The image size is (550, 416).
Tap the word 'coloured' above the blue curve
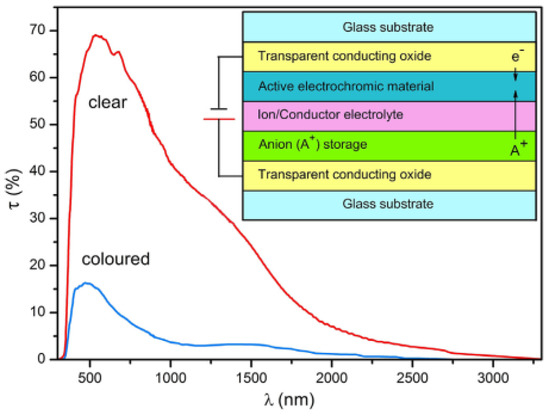coord(116,259)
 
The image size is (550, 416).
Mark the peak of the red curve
coord(97,35)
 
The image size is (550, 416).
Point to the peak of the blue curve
coord(87,283)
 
